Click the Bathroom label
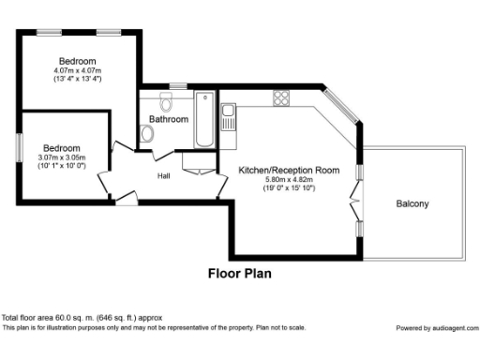pyautogui.click(x=170, y=119)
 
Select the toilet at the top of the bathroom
pyautogui.click(x=167, y=98)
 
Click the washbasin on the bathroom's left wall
pyautogui.click(x=146, y=134)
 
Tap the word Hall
pyautogui.click(x=163, y=175)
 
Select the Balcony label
pyautogui.click(x=413, y=203)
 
